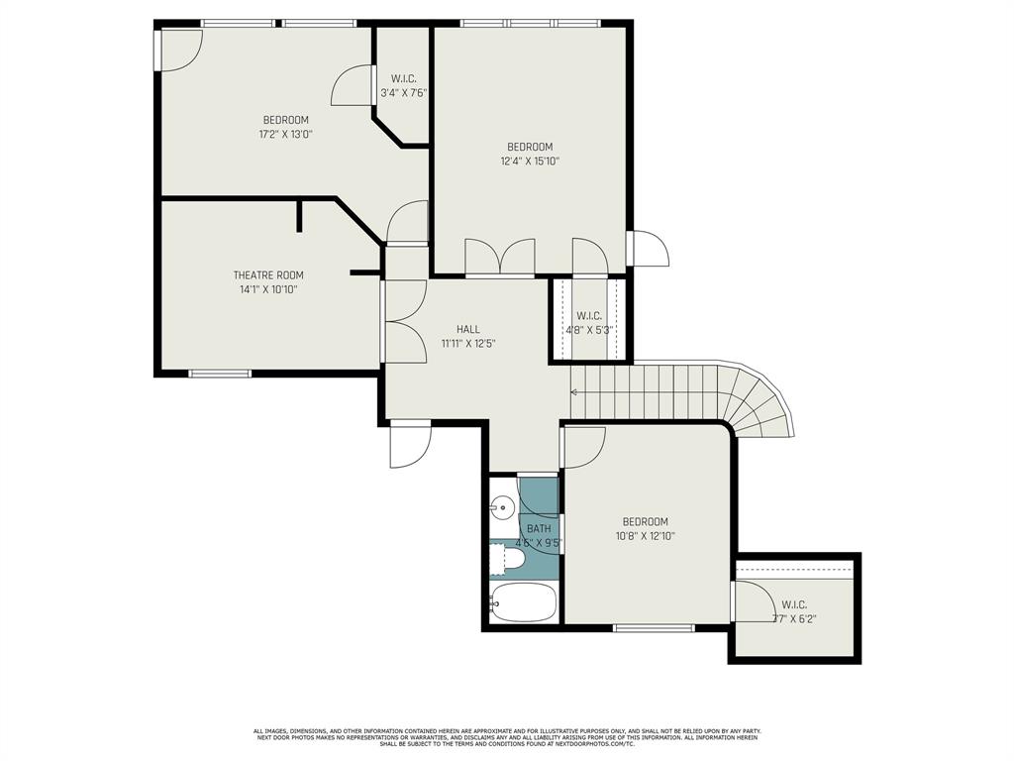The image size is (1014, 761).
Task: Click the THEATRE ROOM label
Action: (x=268, y=274)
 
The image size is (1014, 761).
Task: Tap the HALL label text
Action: (x=468, y=329)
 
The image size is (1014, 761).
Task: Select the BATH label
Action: (x=539, y=528)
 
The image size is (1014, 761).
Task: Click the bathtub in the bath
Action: (x=523, y=602)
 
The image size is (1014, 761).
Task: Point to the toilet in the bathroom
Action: (x=508, y=559)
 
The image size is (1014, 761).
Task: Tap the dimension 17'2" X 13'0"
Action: (x=285, y=134)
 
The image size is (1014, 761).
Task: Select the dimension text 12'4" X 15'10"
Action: (x=530, y=161)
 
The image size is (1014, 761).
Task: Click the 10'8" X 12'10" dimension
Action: (x=645, y=536)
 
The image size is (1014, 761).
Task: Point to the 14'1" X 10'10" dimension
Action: (x=268, y=289)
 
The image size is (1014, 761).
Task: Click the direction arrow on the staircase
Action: (x=575, y=392)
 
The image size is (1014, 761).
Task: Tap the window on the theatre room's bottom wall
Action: (x=220, y=374)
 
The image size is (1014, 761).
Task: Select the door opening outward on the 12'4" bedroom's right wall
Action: (x=650, y=249)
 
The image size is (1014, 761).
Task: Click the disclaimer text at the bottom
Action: (x=507, y=736)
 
